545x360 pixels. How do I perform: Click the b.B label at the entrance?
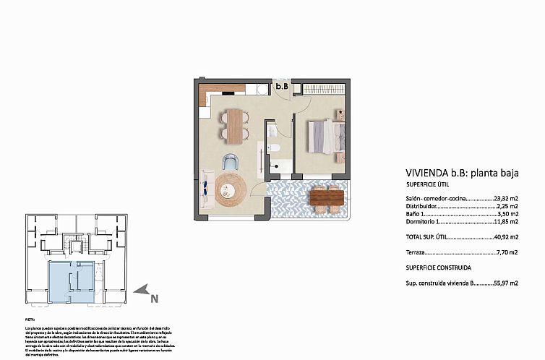(x=282, y=87)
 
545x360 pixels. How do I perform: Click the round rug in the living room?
(x=230, y=191)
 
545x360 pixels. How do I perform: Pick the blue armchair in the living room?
(x=231, y=162)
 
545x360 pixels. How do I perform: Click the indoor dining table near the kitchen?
(x=234, y=124)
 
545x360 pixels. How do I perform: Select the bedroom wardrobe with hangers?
(x=324, y=88)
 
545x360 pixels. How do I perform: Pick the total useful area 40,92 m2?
(x=505, y=236)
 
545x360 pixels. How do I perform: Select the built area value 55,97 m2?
(x=505, y=283)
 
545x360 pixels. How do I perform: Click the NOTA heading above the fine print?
(x=30, y=319)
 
